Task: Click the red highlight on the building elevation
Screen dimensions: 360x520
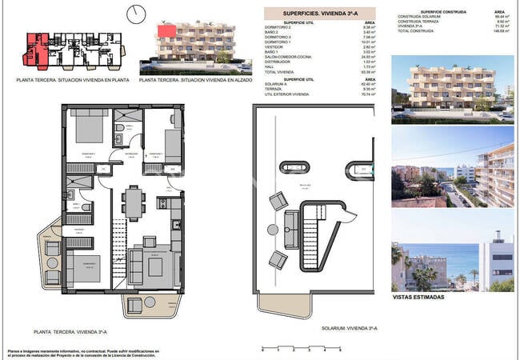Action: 167,30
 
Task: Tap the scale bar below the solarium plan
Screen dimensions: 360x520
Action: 301,349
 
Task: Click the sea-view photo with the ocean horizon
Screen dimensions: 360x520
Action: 453,256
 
